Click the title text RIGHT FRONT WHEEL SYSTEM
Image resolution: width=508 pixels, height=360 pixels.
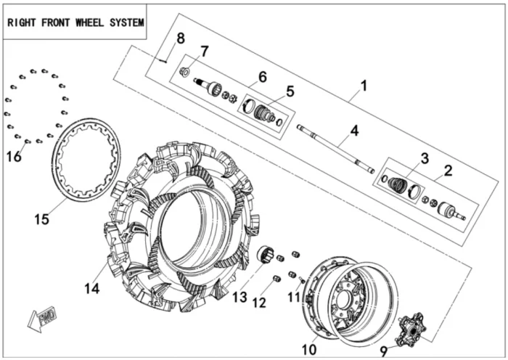click(x=75, y=22)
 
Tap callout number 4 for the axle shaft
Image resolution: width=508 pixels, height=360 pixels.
click(x=354, y=131)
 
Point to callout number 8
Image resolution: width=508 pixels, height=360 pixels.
click(x=181, y=38)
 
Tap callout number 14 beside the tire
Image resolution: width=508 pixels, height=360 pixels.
click(x=91, y=288)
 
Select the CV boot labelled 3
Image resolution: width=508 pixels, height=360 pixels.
click(x=397, y=184)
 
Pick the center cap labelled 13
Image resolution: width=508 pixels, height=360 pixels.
click(x=266, y=255)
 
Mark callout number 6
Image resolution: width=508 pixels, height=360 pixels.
click(x=263, y=75)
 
